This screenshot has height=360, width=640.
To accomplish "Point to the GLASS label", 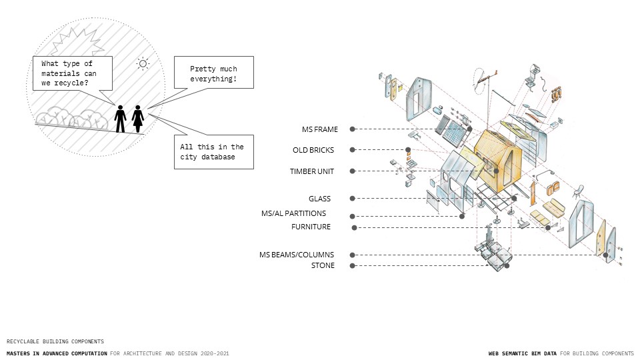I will tap(320, 199).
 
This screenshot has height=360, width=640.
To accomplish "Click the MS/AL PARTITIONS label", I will tap(294, 213).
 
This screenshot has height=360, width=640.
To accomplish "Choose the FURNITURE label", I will tap(311, 227).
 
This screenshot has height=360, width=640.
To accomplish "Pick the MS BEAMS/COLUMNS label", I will tap(297, 255).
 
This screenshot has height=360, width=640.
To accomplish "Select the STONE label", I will tap(323, 265).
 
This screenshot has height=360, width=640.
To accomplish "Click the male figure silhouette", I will tap(120, 119).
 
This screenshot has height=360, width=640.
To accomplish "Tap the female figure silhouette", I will tap(138, 119).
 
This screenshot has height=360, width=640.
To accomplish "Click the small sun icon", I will tap(143, 64).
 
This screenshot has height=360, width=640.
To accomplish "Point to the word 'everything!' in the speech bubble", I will tap(213, 80).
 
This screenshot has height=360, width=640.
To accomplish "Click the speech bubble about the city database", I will tap(212, 151).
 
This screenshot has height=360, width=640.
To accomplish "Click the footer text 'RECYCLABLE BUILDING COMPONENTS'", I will tap(55, 341).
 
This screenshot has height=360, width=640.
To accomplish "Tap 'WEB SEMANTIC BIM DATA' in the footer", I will tap(523, 353).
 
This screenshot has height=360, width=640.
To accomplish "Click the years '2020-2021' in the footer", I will tap(213, 353).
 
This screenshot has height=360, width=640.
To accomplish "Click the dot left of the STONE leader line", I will tap(353, 266).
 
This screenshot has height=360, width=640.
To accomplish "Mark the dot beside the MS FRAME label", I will tap(353, 129).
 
